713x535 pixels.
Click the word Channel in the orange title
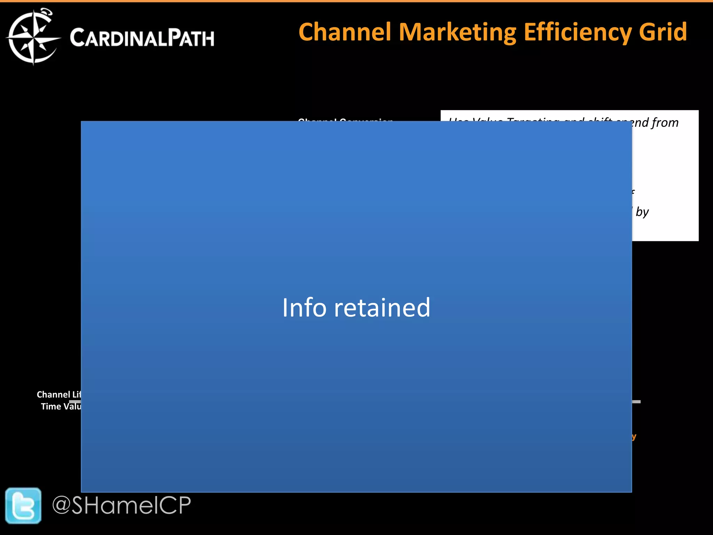point(345,32)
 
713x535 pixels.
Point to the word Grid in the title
point(663,32)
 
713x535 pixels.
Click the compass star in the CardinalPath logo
point(33,37)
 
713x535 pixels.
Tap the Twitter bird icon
point(23,505)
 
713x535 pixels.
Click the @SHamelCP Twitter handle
point(122,505)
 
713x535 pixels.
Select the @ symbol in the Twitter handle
point(61,505)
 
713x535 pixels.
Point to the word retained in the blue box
point(382,308)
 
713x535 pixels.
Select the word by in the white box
point(642,212)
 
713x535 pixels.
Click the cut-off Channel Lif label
point(58,394)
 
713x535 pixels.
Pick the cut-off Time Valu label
point(61,406)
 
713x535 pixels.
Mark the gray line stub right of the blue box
point(636,402)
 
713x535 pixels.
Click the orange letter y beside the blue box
point(634,437)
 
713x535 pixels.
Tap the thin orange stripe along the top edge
point(356,1)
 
